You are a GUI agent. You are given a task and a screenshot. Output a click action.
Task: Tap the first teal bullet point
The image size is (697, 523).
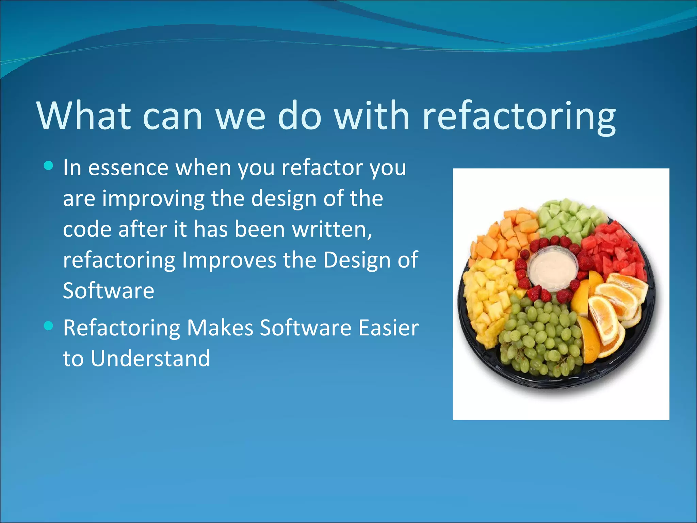tap(49, 166)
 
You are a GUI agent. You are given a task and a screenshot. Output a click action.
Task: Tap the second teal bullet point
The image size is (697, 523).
tap(49, 326)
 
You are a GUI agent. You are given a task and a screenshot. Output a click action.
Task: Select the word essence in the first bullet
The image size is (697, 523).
tap(128, 168)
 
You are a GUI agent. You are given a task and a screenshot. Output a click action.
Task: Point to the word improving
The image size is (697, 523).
tap(153, 199)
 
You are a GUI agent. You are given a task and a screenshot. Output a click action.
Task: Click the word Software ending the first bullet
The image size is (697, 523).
tap(109, 291)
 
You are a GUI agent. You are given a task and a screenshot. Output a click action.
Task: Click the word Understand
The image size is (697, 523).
tap(150, 359)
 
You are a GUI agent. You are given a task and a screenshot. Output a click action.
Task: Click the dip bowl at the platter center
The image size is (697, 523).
tap(552, 269)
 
